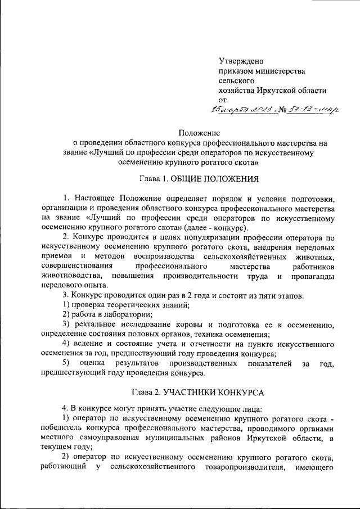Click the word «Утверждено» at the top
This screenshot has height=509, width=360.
coord(241,61)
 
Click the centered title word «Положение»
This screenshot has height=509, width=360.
coord(198,133)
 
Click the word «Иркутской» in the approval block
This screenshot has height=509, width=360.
coord(281,90)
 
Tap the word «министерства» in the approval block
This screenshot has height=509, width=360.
coord(278,71)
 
